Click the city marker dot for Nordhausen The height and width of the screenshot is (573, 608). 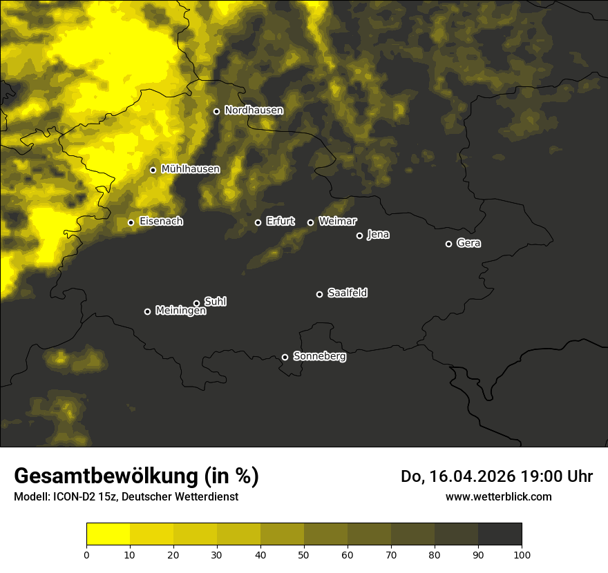216,111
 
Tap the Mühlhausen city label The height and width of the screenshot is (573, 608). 190,169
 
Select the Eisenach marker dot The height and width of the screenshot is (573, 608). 131,222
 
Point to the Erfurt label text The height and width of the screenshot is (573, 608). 280,222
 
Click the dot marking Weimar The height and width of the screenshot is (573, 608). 310,222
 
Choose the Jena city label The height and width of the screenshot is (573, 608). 378,235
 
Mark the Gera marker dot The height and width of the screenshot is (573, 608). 448,244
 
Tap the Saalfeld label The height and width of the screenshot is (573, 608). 347,293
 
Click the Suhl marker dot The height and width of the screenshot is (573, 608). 196,303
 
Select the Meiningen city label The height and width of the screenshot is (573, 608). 180,311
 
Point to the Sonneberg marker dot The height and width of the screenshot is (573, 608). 285,357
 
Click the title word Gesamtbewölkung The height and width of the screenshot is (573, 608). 104,476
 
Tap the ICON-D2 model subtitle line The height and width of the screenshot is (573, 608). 126,497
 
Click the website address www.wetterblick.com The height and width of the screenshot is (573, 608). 498,496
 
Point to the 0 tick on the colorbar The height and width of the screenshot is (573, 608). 86,554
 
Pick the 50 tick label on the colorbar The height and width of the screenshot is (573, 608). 304,554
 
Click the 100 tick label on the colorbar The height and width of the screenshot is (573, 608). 522,554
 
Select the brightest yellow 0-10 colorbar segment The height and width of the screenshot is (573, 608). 108,534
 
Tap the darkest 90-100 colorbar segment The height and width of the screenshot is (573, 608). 500,534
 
